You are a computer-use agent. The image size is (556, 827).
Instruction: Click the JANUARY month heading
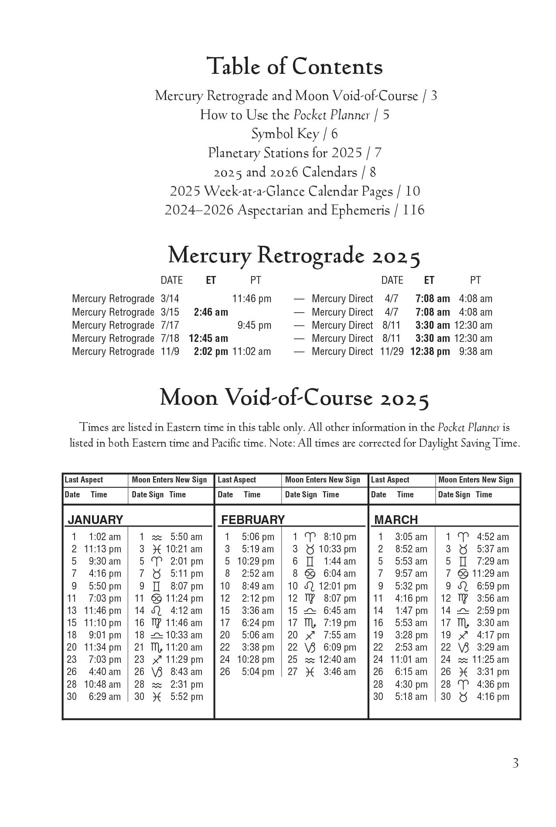[96, 520]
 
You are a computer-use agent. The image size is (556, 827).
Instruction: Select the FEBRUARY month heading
[253, 520]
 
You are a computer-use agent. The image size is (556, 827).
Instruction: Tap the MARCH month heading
[396, 520]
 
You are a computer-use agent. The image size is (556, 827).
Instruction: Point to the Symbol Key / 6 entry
[294, 134]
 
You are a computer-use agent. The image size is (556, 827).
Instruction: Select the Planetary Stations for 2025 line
[294, 153]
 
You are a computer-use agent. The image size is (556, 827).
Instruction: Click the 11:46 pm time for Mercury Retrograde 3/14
[252, 299]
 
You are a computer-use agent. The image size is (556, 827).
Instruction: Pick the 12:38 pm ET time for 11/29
[430, 351]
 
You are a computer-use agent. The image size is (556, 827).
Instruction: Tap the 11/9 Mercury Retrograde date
[170, 351]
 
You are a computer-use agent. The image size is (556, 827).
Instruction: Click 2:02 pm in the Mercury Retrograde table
[211, 351]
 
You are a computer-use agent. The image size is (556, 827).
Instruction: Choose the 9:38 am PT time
[475, 351]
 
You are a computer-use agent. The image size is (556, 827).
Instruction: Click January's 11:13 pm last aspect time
[102, 549]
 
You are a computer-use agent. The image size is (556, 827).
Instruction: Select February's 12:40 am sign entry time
[337, 660]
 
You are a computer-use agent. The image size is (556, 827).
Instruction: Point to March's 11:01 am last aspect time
[409, 660]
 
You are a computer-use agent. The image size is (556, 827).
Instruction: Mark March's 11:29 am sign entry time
[490, 574]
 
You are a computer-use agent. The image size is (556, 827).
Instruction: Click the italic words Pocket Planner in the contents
[331, 115]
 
